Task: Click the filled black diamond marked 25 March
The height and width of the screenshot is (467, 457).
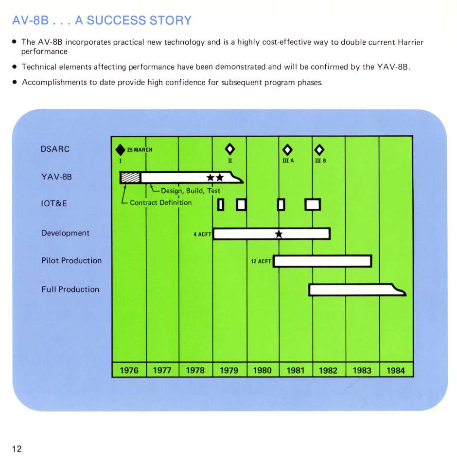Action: coord(121,149)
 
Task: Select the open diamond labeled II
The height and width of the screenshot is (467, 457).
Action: coord(230,149)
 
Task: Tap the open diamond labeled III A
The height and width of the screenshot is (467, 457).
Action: coord(287,149)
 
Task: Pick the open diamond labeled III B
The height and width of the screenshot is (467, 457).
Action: coord(319,149)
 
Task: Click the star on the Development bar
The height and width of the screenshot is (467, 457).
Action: coord(279,234)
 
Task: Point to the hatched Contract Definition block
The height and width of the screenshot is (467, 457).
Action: coord(130,178)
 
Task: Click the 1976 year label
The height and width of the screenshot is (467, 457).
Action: coord(129,370)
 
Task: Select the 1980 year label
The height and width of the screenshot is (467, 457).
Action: coord(263,370)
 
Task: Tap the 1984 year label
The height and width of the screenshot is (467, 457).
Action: coord(396,370)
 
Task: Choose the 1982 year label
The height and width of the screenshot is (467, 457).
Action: coord(328,370)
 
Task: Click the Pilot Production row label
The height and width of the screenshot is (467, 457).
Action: coord(71,261)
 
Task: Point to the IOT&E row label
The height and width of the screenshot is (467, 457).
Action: coord(54,203)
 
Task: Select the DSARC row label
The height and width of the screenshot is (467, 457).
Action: coord(55,149)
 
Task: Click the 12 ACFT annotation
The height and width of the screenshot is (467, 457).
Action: coord(261,261)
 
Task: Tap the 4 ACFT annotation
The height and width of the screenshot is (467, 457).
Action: coord(203,234)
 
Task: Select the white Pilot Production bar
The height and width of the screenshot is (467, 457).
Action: coord(323,261)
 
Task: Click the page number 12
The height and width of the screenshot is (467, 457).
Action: coord(17,449)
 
